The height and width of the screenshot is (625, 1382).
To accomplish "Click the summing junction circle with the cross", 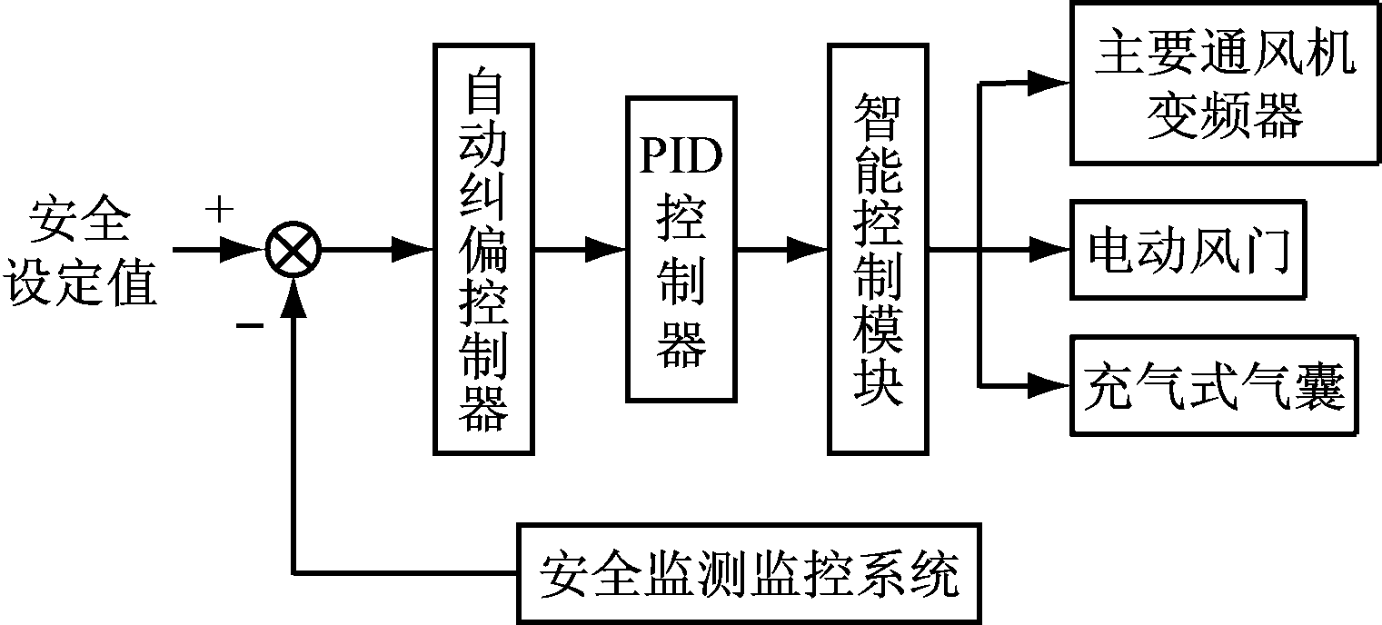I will (293, 249).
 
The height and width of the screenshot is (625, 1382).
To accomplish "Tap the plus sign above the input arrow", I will (219, 211).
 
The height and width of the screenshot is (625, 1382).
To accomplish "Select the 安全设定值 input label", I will (82, 251).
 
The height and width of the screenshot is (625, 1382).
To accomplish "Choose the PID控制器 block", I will (681, 248).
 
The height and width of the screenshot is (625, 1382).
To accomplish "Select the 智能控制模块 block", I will (878, 248).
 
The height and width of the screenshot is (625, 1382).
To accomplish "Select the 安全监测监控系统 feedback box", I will (749, 572).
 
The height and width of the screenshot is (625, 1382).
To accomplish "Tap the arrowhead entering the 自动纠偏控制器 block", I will (413, 249).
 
